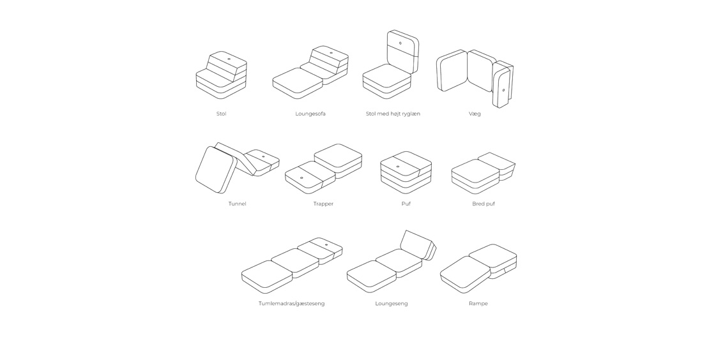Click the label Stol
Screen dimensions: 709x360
pyautogui.click(x=221, y=114)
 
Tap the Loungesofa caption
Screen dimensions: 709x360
pyautogui.click(x=310, y=114)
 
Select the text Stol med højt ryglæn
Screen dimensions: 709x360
pyautogui.click(x=393, y=114)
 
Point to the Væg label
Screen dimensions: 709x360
pyautogui.click(x=475, y=114)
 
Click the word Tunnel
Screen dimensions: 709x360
pyautogui.click(x=238, y=204)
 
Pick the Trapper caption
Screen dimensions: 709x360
pyautogui.click(x=323, y=204)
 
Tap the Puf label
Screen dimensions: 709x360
pyautogui.click(x=406, y=204)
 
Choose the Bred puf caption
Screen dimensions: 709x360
pyautogui.click(x=484, y=204)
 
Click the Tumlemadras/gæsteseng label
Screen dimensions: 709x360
pyautogui.click(x=292, y=304)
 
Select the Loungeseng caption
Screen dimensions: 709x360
pyautogui.click(x=392, y=304)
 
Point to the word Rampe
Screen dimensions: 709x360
pyautogui.click(x=478, y=304)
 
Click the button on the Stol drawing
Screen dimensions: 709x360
pyautogui.click(x=229, y=59)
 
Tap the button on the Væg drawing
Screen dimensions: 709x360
pyautogui.click(x=504, y=90)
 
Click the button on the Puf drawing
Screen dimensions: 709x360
pyautogui.click(x=398, y=166)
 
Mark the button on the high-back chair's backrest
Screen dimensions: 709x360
pyautogui.click(x=400, y=44)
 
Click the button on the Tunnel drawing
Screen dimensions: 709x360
pyautogui.click(x=263, y=157)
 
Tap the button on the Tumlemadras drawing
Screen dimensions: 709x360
pyautogui.click(x=326, y=245)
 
